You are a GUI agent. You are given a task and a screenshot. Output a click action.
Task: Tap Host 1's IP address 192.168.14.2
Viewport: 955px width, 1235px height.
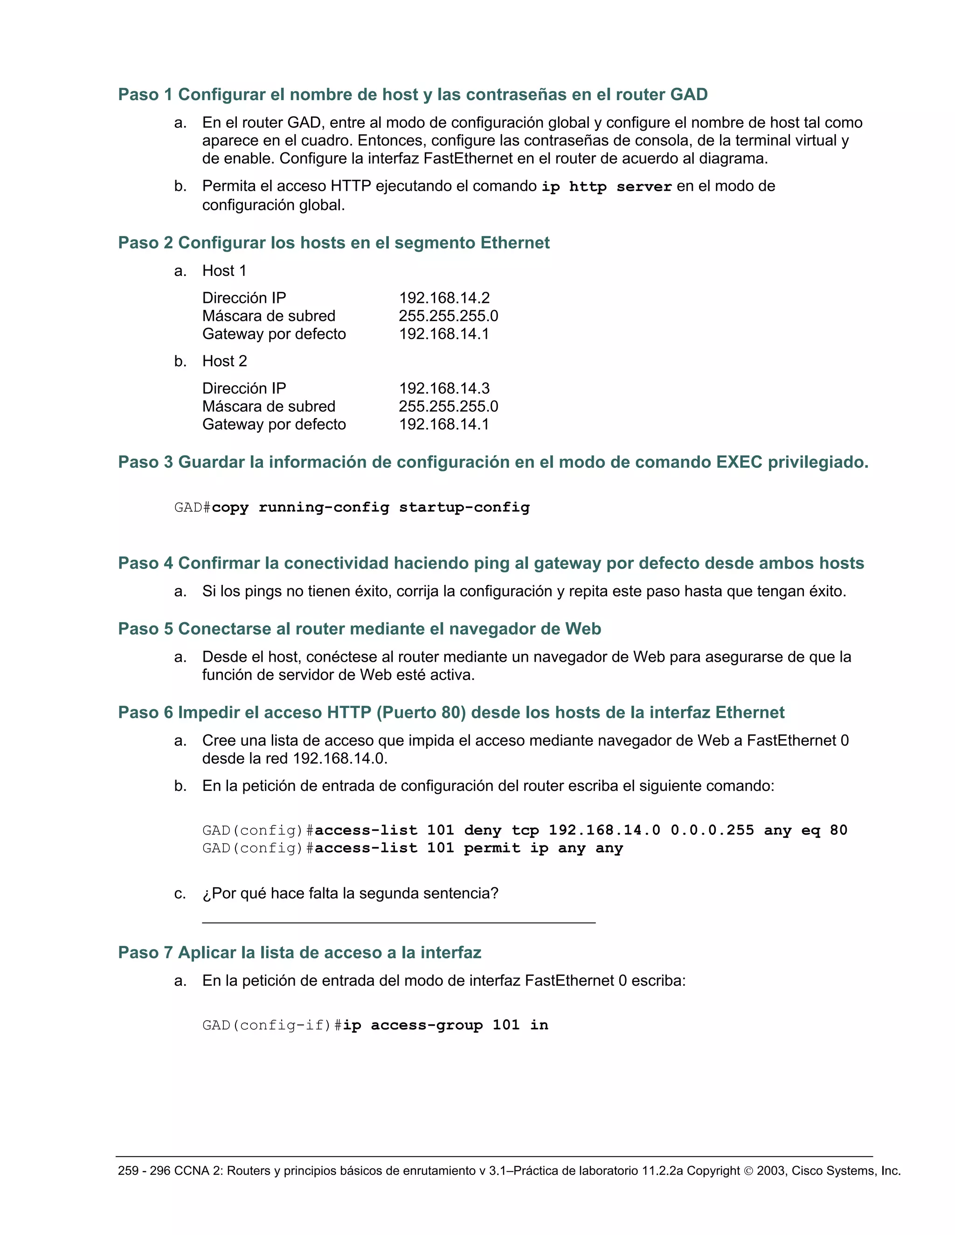(444, 298)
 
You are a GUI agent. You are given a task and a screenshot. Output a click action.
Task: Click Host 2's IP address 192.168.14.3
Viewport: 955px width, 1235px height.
(444, 389)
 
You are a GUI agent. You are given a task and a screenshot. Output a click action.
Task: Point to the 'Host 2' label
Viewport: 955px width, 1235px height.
(225, 361)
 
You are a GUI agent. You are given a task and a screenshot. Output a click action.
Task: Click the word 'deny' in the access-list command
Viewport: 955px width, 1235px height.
(483, 830)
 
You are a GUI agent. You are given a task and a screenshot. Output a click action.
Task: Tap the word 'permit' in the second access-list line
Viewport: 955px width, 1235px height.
(491, 848)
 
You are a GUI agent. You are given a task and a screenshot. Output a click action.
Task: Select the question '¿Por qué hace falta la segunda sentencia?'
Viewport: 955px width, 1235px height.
(350, 893)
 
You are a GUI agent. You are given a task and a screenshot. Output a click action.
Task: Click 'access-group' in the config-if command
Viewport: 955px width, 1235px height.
(427, 1025)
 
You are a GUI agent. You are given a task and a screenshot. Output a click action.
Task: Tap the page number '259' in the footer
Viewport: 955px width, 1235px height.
(128, 1171)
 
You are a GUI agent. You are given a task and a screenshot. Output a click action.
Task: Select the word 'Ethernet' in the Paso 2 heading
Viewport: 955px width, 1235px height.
(515, 243)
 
